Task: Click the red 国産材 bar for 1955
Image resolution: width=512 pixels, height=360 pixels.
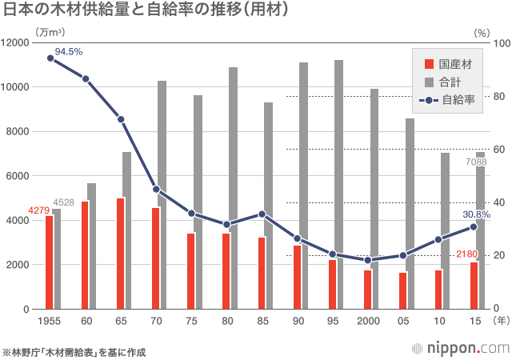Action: click(x=49, y=262)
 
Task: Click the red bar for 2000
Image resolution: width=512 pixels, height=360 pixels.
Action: click(x=367, y=289)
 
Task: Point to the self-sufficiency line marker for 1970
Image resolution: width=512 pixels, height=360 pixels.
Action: click(x=156, y=190)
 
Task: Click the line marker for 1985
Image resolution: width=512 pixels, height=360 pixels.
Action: click(x=262, y=214)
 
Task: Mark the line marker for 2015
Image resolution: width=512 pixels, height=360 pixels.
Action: click(x=473, y=226)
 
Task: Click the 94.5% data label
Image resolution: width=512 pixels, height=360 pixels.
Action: click(x=69, y=52)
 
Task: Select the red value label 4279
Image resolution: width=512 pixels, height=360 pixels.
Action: click(x=38, y=210)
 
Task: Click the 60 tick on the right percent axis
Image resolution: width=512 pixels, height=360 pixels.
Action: click(x=499, y=150)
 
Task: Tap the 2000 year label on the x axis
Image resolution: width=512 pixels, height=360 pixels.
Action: click(x=367, y=320)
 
